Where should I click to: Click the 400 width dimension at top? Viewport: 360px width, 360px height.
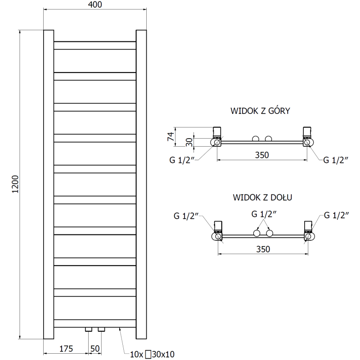click(95, 5)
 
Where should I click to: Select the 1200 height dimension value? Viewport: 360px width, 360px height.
click(15, 184)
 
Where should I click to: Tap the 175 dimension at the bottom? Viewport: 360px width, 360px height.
click(66, 348)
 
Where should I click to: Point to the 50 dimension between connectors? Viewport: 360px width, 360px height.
click(95, 348)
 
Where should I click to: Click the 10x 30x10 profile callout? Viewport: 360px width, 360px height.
click(153, 355)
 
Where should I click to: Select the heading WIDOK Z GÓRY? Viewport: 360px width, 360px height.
click(260, 111)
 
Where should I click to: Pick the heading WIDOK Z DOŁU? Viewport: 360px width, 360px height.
click(263, 197)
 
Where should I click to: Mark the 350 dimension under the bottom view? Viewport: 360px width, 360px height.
click(263, 249)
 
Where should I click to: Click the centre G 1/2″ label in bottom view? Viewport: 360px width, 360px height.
click(263, 214)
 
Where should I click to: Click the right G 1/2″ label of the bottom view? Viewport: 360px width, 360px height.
click(337, 216)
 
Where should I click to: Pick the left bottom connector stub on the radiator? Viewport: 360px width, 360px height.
click(89, 330)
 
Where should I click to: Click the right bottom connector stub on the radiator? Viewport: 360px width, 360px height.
click(101, 330)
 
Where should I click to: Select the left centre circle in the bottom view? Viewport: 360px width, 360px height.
click(256, 233)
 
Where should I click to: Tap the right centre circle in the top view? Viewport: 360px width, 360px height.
click(269, 138)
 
